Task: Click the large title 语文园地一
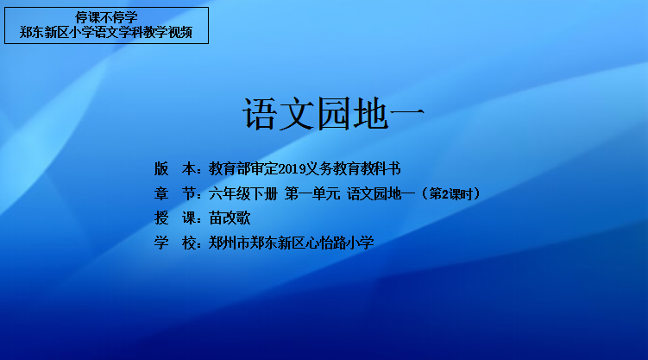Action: pyautogui.click(x=334, y=114)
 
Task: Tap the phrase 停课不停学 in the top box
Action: pyautogui.click(x=106, y=18)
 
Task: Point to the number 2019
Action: pyautogui.click(x=292, y=168)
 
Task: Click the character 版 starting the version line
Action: pyautogui.click(x=161, y=168)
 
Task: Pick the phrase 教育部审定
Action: pyautogui.click(x=243, y=168)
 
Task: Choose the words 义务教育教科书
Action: pyautogui.click(x=354, y=168)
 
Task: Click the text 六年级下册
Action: pyautogui.click(x=243, y=193)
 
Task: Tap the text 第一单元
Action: pyautogui.click(x=312, y=193)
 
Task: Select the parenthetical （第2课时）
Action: pyautogui.click(x=450, y=193)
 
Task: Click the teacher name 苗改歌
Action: pyautogui.click(x=230, y=218)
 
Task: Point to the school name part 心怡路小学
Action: pyautogui.click(x=339, y=243)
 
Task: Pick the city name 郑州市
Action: pyautogui.click(x=229, y=243)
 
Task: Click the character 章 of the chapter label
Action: pyautogui.click(x=161, y=193)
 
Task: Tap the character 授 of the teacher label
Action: pyautogui.click(x=161, y=218)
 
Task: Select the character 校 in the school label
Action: pyautogui.click(x=189, y=243)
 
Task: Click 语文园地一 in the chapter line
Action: pyautogui.click(x=381, y=193)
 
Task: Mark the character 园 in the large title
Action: pyautogui.click(x=334, y=114)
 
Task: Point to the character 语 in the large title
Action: pyautogui.click(x=260, y=114)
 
